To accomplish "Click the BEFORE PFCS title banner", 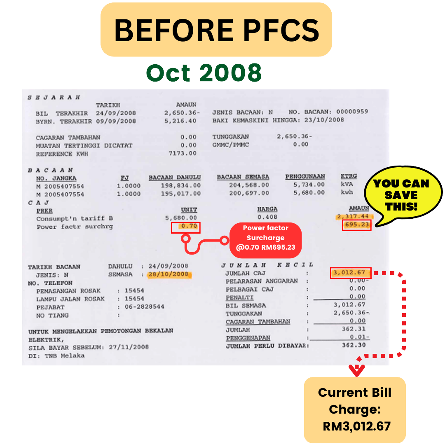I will point(216,30).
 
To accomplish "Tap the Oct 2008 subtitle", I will point(204,73).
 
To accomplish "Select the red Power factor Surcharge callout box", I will point(265,238).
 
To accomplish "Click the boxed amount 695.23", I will point(356,225).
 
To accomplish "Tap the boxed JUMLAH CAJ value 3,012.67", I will point(350,273).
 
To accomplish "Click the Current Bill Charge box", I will point(355,410).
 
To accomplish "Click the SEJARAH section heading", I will point(54,98).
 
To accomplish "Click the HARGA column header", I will point(267,209).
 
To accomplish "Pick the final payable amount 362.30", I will point(354,345).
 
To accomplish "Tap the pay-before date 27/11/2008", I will point(129,347).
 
